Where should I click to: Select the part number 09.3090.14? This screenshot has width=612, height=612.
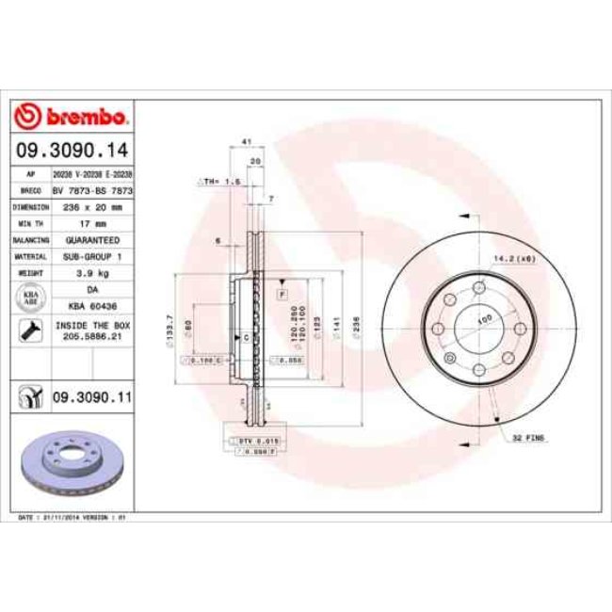coord(72,151)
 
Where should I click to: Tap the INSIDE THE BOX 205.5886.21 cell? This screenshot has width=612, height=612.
coord(91,330)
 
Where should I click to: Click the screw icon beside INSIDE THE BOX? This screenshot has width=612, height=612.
coord(30,330)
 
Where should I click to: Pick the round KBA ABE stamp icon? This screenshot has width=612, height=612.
coord(30,298)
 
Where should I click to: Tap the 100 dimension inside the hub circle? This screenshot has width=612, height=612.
coord(486,320)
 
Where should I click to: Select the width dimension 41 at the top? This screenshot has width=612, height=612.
coord(246,141)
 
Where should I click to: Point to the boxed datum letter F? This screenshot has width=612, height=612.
coord(282,295)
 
